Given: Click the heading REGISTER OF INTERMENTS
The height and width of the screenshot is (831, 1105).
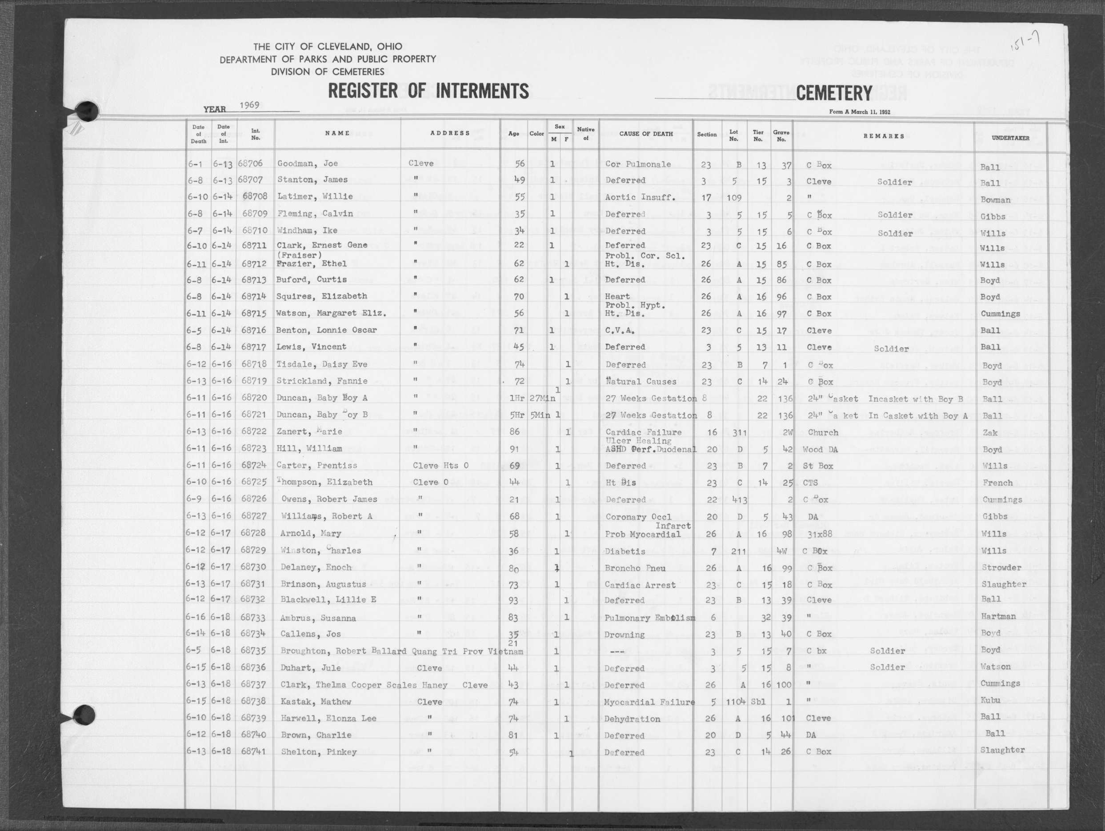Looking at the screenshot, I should (x=428, y=92).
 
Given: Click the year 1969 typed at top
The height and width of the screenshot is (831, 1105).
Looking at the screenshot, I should (x=249, y=105).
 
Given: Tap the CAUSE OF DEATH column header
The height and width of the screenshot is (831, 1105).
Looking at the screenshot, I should (x=645, y=134).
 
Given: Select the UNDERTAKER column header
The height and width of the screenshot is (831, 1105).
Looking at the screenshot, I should (x=1010, y=138).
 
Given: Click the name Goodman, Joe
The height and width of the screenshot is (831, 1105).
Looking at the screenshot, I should (x=307, y=163).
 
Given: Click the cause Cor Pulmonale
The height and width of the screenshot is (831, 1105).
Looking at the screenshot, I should (x=638, y=164).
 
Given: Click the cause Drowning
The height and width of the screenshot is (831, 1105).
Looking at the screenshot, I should (x=625, y=635).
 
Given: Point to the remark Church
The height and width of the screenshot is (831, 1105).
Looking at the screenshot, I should (x=822, y=432).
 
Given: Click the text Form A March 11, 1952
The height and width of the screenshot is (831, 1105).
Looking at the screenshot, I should (x=859, y=112).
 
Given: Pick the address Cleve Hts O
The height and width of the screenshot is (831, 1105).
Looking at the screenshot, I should (x=440, y=465).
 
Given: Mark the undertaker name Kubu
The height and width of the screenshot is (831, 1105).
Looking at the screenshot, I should (x=990, y=700).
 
